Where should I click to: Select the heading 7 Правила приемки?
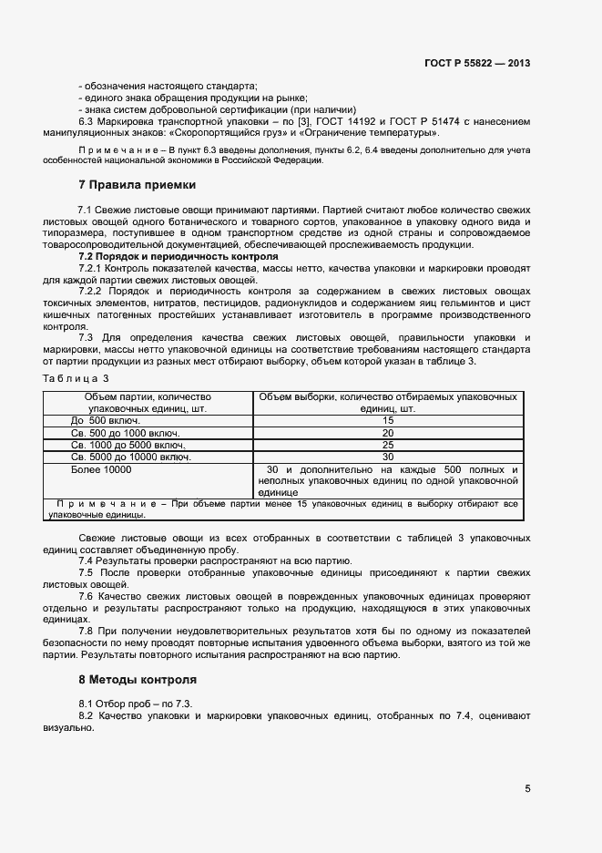pos(137,184)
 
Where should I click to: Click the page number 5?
pos(527,789)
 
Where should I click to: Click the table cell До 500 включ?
pos(102,421)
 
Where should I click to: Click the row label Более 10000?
pos(101,469)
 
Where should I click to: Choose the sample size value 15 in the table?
pos(388,421)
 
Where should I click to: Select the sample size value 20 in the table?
pos(388,433)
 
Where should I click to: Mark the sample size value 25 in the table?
pos(388,445)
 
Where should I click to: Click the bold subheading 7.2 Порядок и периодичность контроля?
pos(166,257)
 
